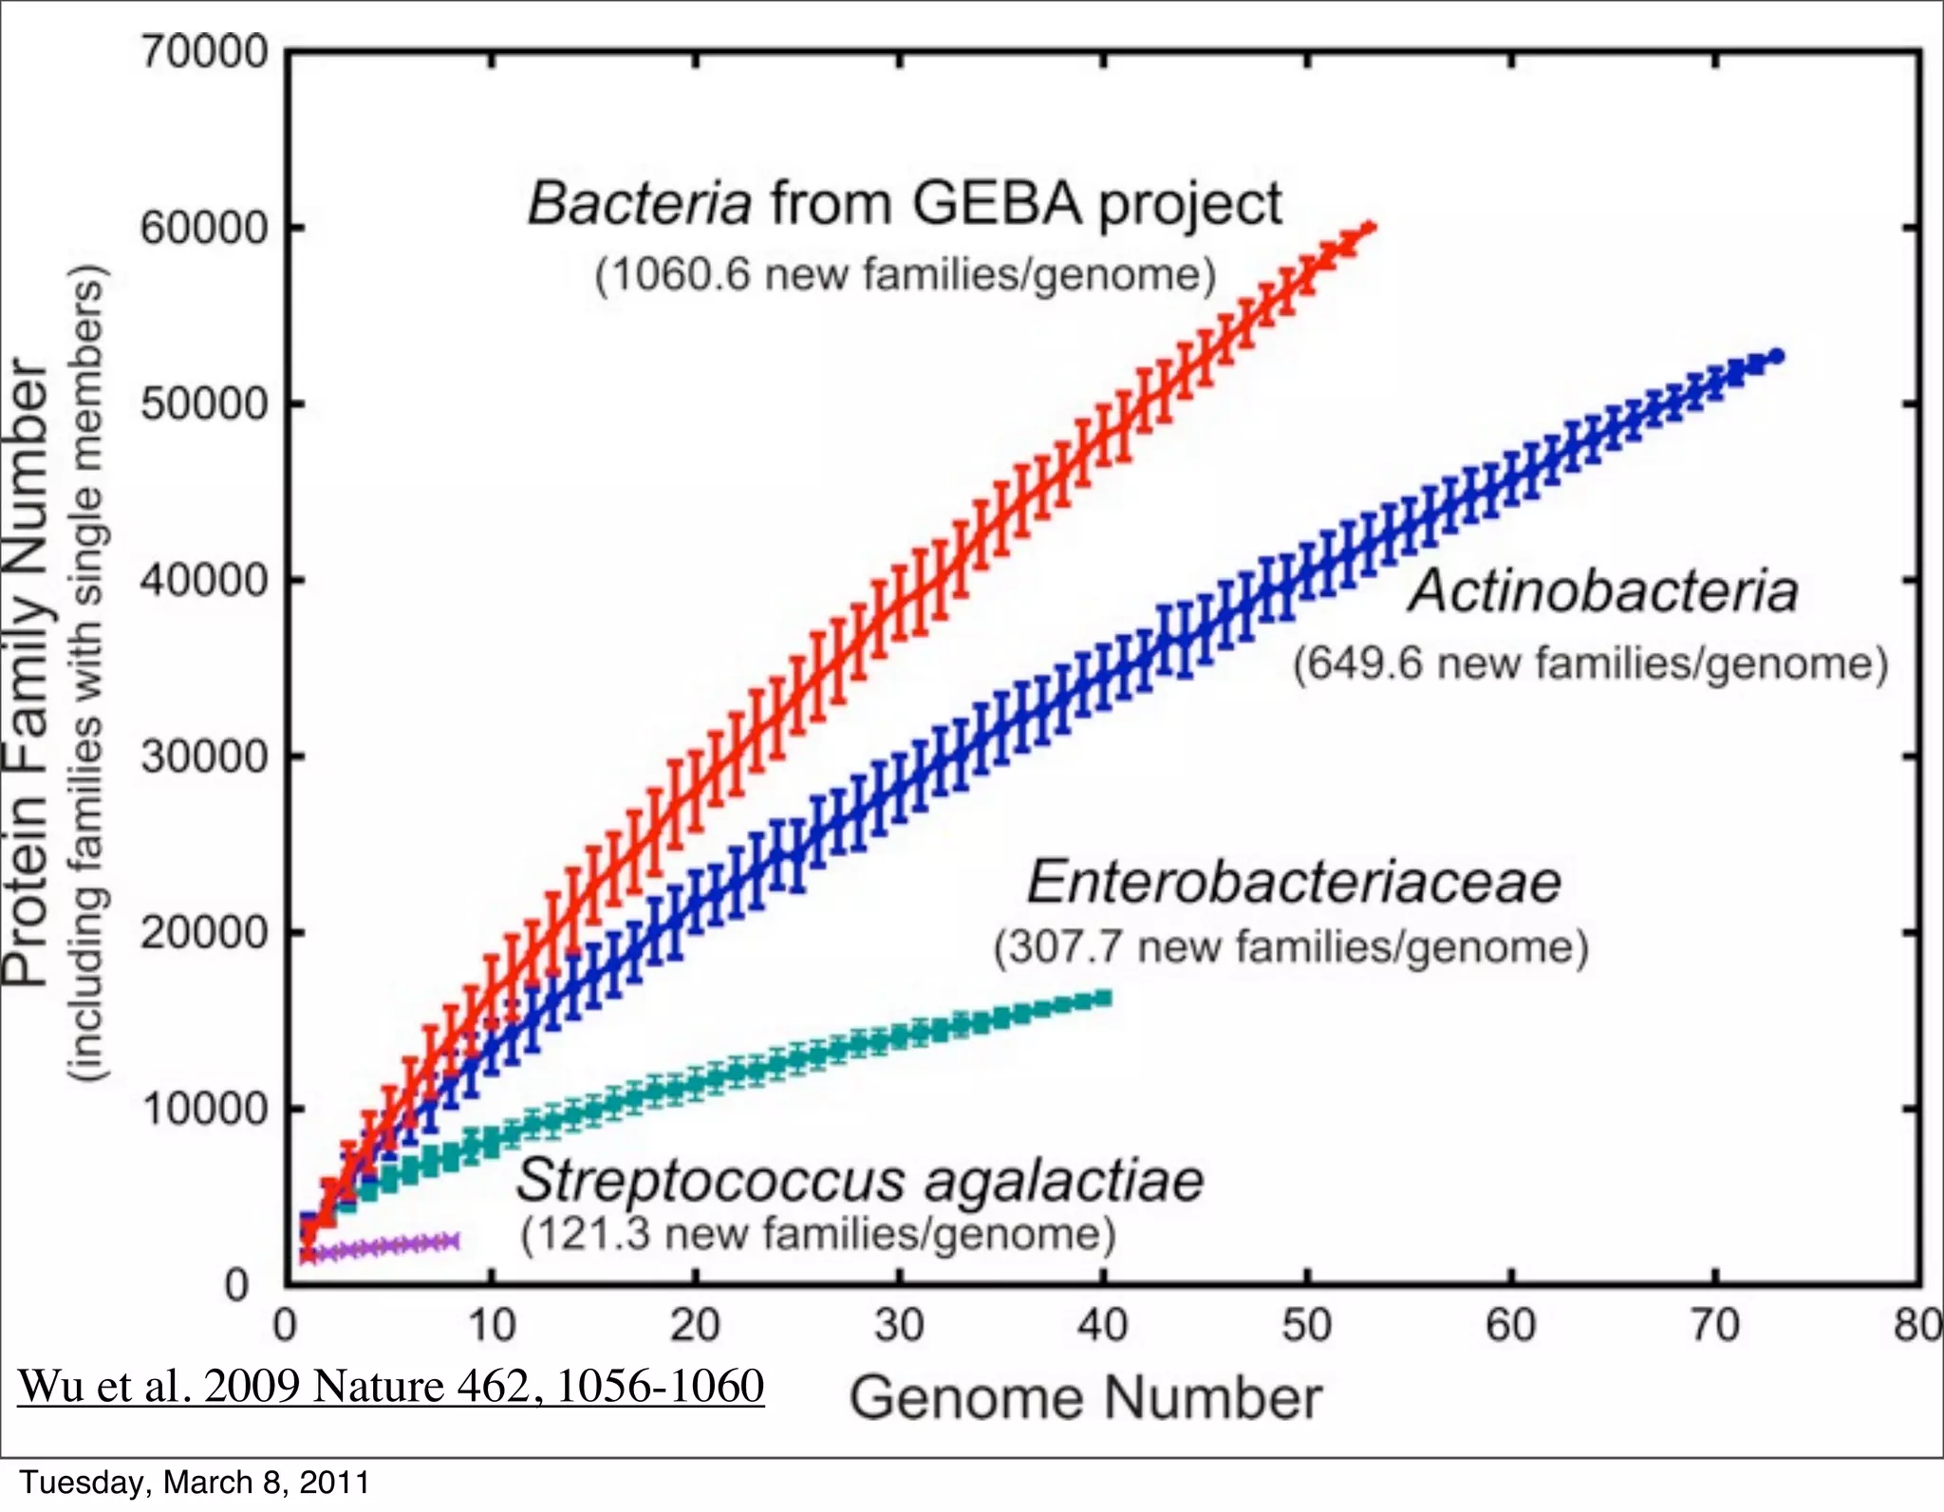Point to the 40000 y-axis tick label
coord(205,580)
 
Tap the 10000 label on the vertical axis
coord(205,1109)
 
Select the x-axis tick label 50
coord(1306,1325)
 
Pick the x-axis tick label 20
coord(695,1325)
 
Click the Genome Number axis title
coord(1085,1398)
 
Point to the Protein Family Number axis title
coord(27,674)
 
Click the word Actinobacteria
coord(1603,591)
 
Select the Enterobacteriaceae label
coord(1294,882)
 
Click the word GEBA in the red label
coord(997,203)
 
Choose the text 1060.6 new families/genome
coord(906,275)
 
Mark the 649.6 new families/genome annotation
coord(1591,663)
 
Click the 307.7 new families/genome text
coord(1291,947)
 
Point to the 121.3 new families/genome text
coord(818,1234)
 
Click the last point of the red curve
coord(1368,227)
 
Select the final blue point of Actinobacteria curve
coord(1776,357)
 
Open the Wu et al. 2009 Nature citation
coord(391,1386)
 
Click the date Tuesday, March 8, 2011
coord(195,1483)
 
